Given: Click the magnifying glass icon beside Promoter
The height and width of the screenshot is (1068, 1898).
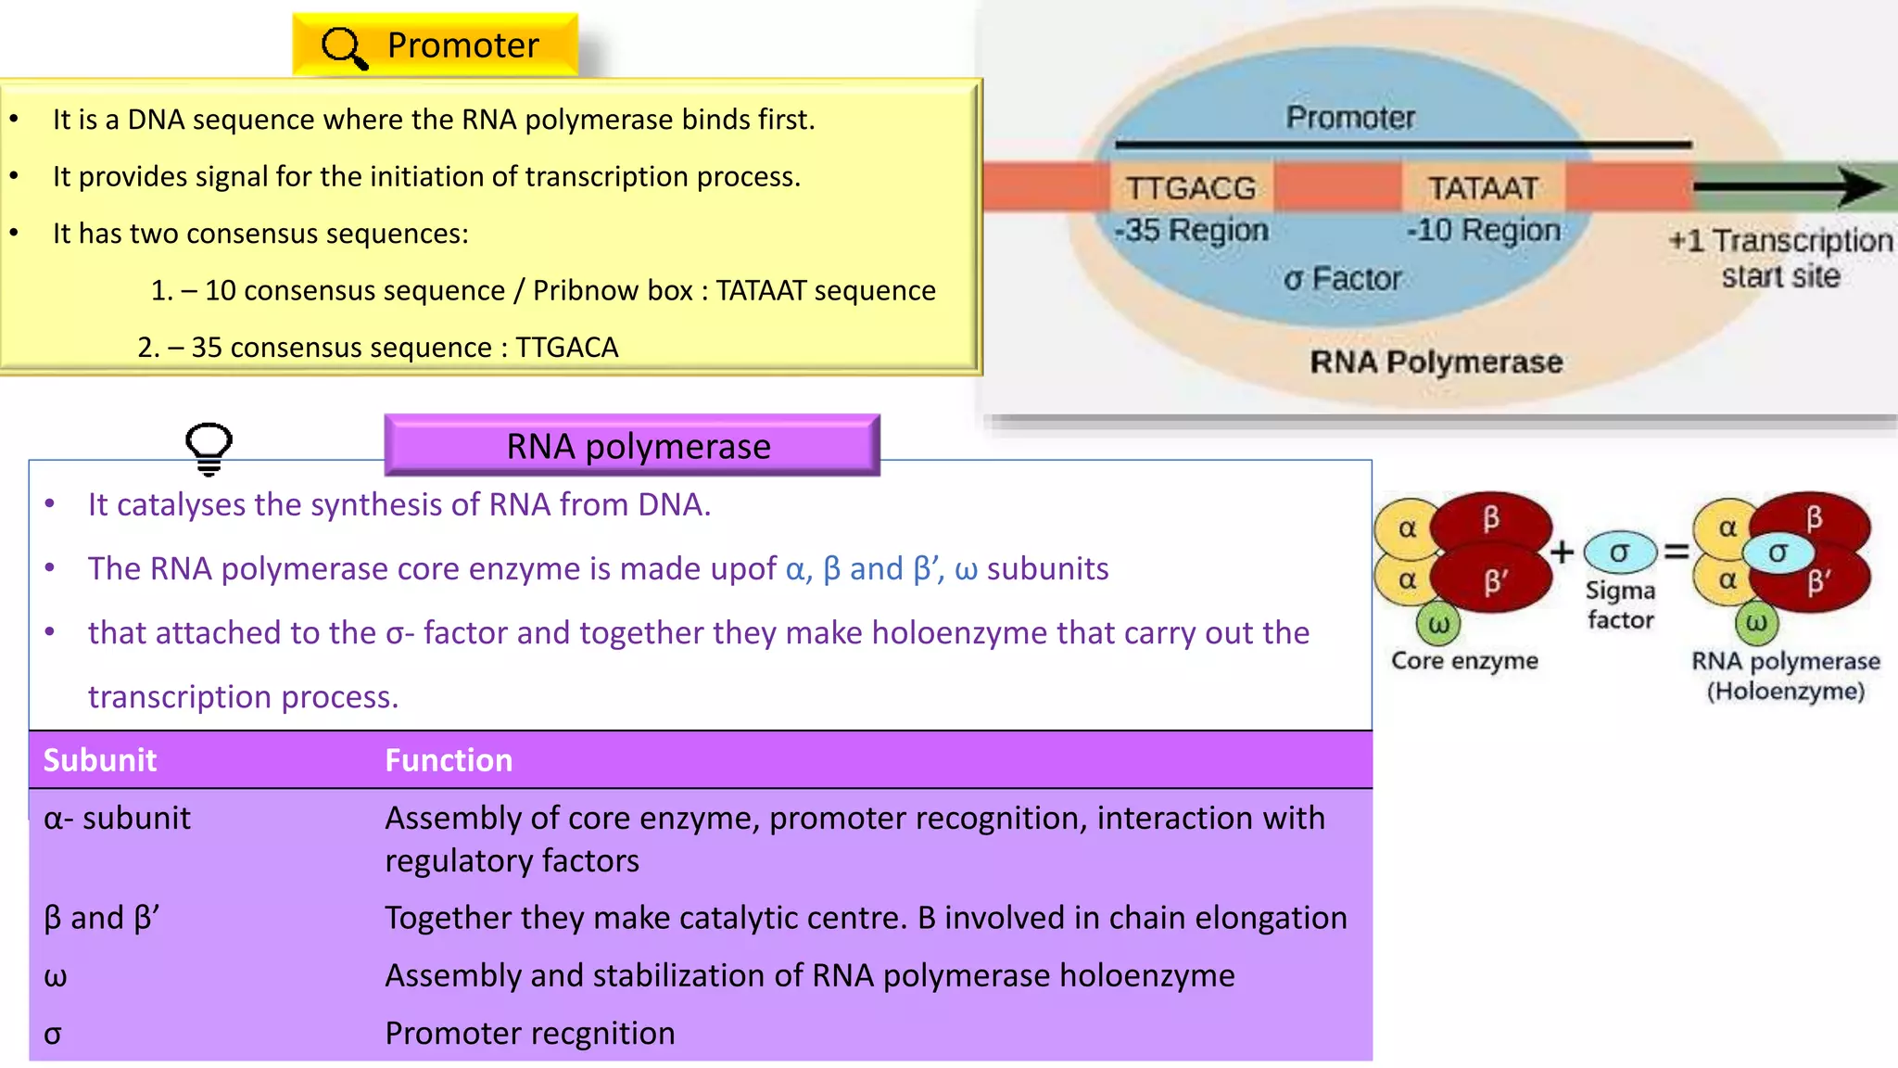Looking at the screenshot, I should click(x=344, y=47).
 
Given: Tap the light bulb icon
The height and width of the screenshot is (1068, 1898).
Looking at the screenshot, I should click(x=209, y=449).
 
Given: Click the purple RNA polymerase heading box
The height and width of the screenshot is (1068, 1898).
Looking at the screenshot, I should click(x=632, y=446).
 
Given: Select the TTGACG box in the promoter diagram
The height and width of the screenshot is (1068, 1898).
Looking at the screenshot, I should click(x=1191, y=188).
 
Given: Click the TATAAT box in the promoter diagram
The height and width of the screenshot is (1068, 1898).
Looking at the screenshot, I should click(x=1483, y=188).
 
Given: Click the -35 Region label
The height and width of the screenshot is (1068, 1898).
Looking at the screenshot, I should click(x=1192, y=230).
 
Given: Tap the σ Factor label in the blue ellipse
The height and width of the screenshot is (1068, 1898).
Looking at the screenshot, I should click(x=1342, y=278).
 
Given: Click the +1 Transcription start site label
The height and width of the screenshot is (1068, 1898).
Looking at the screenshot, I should click(x=1780, y=258).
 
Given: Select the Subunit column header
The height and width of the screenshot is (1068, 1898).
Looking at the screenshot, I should click(x=100, y=760).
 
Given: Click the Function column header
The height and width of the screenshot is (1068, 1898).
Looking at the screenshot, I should click(x=449, y=760).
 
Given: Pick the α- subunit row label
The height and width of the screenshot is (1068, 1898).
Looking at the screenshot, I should click(x=117, y=818).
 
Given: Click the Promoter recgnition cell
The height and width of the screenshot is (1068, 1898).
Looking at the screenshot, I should click(x=530, y=1033).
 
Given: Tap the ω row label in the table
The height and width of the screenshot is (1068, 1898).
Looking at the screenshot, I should click(x=56, y=975).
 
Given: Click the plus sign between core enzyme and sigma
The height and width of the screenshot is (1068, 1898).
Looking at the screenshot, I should click(x=1563, y=552).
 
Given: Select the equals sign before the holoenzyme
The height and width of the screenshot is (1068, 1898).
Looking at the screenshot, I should click(x=1676, y=552).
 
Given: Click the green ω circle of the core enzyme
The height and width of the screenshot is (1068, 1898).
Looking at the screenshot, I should click(x=1438, y=624).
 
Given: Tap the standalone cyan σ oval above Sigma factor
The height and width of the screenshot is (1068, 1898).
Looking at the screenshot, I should click(x=1619, y=553).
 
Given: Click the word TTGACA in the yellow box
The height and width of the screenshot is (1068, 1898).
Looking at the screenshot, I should click(x=566, y=347).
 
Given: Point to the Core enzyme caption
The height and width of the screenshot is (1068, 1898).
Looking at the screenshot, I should click(x=1464, y=660).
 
